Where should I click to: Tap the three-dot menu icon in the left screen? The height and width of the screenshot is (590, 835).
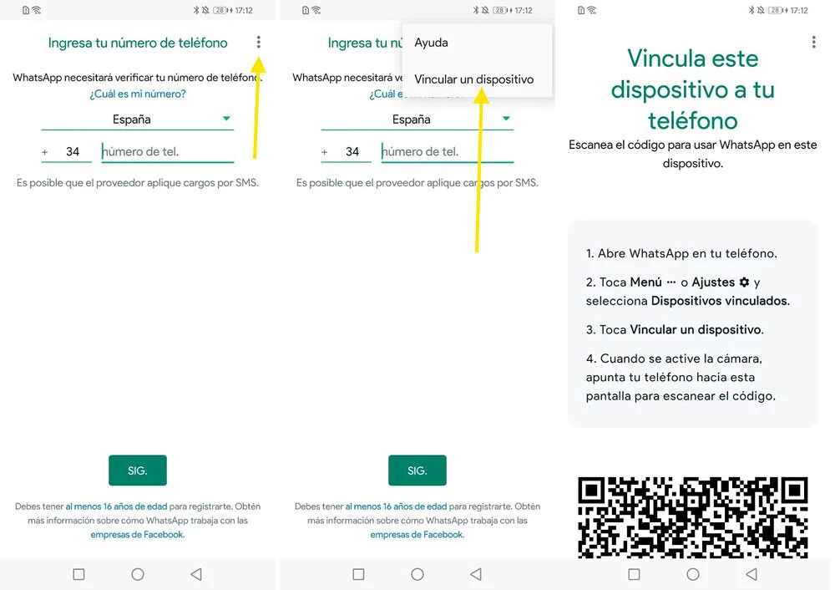point(259,42)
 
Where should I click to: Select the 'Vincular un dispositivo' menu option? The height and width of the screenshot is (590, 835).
point(473,79)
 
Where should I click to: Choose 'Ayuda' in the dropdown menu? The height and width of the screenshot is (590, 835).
point(431,43)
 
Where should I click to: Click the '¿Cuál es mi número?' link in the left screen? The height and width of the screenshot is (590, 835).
point(138,94)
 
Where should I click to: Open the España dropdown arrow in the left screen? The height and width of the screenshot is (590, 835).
point(226,120)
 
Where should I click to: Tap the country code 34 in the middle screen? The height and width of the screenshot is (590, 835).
point(352,152)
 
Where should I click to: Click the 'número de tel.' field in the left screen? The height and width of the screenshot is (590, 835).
point(167,152)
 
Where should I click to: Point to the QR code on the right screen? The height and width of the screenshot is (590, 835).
point(693,516)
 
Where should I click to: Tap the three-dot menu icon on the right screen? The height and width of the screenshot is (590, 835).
point(814,42)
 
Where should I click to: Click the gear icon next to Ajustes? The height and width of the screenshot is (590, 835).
point(744,282)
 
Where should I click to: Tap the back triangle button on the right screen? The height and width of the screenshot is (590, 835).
point(751,574)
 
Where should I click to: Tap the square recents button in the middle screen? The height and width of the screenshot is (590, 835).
point(358,574)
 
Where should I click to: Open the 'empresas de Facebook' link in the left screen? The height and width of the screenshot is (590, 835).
point(137,535)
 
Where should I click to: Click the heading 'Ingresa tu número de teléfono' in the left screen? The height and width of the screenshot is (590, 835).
point(138,43)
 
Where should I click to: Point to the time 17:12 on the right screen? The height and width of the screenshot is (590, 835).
point(799,10)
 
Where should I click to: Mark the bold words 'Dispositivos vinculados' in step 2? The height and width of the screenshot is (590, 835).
point(720,301)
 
